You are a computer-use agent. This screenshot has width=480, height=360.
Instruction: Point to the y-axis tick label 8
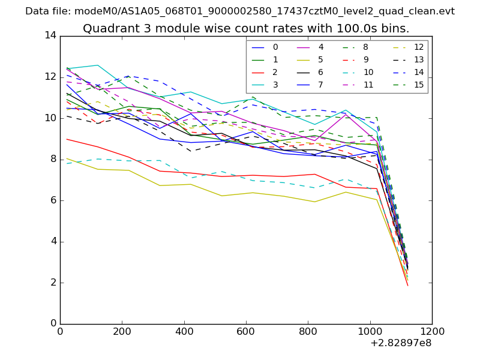[53, 159]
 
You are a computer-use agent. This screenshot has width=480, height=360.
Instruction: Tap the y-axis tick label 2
[53, 283]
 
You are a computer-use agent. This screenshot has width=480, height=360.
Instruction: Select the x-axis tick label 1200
[432, 331]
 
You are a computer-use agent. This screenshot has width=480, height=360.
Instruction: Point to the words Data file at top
[47, 11]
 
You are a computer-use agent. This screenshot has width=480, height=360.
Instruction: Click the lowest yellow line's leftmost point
[66, 158]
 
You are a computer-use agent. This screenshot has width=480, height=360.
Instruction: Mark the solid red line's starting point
[66, 139]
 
